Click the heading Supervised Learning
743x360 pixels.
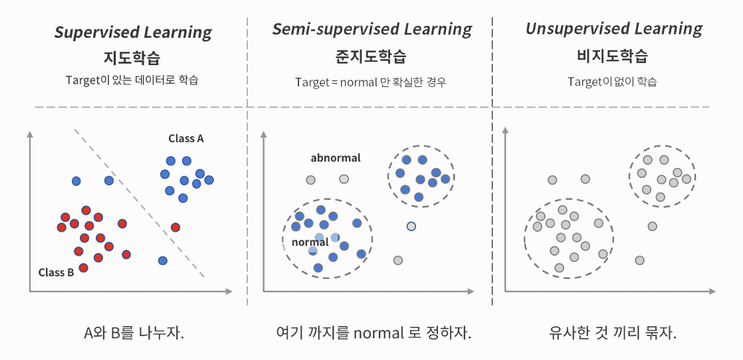133,32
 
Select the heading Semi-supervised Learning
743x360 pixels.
372,29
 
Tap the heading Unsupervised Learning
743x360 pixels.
613,29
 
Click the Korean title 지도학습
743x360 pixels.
133,57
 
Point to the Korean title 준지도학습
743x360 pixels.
371,56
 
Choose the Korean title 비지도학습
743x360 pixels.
613,56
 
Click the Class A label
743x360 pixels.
186,138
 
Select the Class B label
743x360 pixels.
56,272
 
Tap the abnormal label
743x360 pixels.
336,158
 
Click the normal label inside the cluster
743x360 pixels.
310,242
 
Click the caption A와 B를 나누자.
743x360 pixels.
134,333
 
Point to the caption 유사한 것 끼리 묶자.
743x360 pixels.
613,333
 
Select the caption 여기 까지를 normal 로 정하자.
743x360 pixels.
373,333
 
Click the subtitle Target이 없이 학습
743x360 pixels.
612,82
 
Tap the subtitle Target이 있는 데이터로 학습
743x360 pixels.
132,80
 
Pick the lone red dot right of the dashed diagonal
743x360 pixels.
175,227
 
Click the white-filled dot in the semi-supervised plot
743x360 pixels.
411,226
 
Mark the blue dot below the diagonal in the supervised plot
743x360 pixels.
162,260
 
